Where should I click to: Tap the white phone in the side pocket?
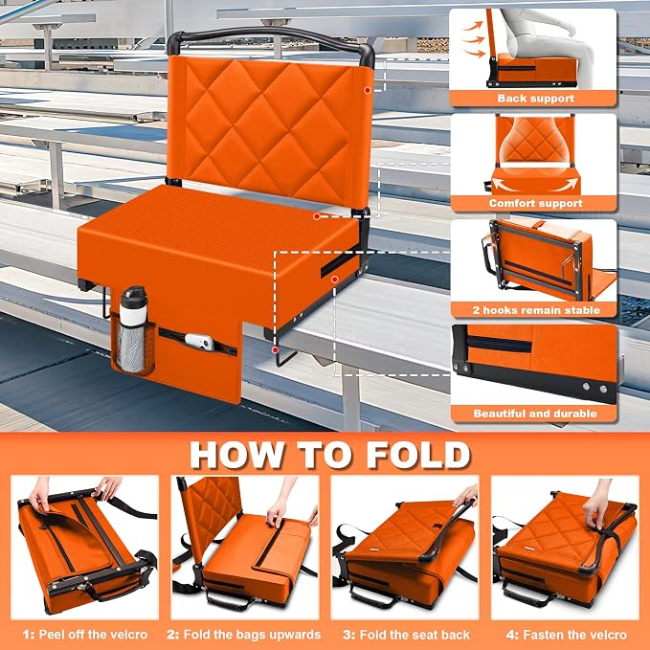click(199, 342)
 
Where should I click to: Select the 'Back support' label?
click(535, 99)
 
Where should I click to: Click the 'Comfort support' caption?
click(535, 203)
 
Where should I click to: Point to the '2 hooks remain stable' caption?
click(536, 310)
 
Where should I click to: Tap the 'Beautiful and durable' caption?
click(535, 414)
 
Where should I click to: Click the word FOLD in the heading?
click(417, 455)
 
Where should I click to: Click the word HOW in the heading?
click(237, 455)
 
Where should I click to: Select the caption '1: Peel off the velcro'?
click(85, 635)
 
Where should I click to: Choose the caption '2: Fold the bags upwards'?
click(244, 635)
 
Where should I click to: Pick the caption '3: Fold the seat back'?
click(406, 635)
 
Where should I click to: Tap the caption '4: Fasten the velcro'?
click(567, 635)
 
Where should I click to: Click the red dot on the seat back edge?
click(368, 90)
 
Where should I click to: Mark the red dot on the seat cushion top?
click(316, 216)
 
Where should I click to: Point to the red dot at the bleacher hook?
click(275, 349)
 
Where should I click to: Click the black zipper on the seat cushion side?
click(339, 264)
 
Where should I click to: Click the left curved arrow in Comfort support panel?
click(504, 185)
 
